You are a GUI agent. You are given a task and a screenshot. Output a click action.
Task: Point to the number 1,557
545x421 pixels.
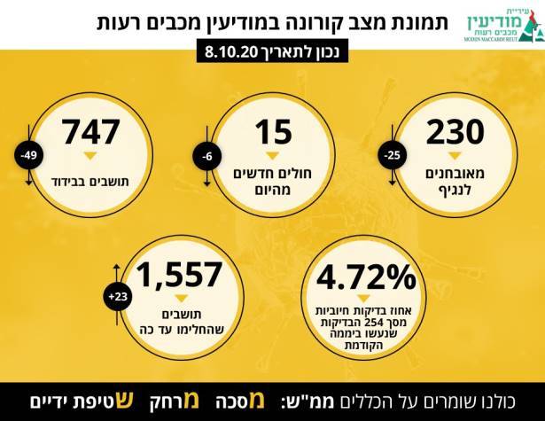pyautogui.click(x=181, y=276)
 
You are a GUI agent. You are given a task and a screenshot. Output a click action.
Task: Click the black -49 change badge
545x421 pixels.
pyautogui.click(x=28, y=157)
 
